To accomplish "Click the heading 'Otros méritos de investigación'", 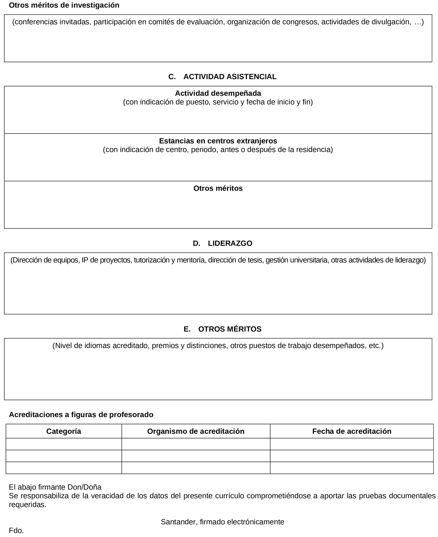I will point(64,5).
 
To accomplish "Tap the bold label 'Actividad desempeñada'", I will point(218,93).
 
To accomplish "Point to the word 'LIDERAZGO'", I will point(230,243).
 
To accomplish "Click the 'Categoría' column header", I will point(64,431).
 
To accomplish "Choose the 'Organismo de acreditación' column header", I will point(196,431).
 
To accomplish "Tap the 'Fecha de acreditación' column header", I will point(351,431).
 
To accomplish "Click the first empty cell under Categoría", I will point(64,444).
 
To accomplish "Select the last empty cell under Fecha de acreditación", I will point(351,468).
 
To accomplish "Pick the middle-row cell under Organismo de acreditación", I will point(196,456).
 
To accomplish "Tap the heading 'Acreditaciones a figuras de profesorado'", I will point(81,415).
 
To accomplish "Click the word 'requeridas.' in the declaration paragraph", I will point(27,504).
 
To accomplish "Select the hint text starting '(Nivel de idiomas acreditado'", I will point(218,345).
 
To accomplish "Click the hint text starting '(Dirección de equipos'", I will point(218,260).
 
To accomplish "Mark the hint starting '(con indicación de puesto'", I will point(218,102).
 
